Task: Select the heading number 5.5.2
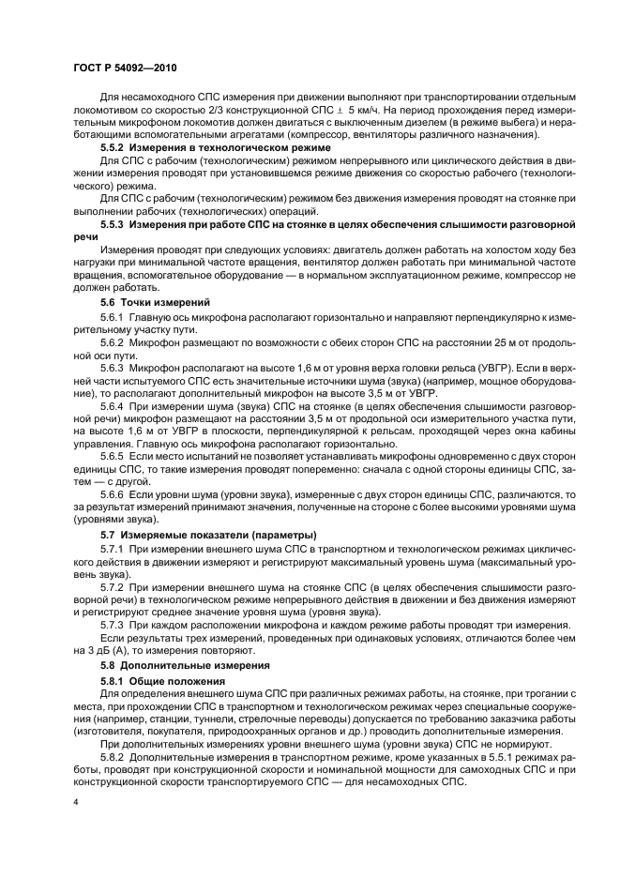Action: click(113, 148)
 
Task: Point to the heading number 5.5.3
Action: click(113, 225)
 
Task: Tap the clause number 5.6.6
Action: click(113, 493)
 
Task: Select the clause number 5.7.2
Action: click(113, 585)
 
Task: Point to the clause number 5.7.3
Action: click(113, 624)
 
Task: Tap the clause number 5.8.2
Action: click(113, 754)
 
